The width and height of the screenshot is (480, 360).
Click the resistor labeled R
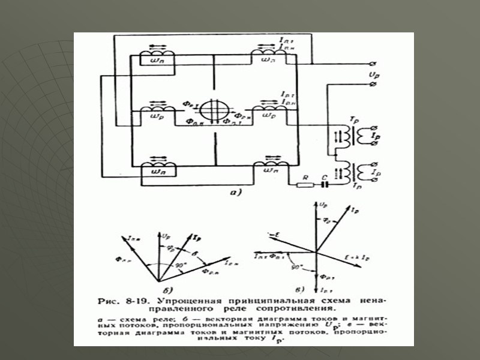tap(307, 184)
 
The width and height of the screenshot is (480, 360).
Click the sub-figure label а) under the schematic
tap(235, 193)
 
